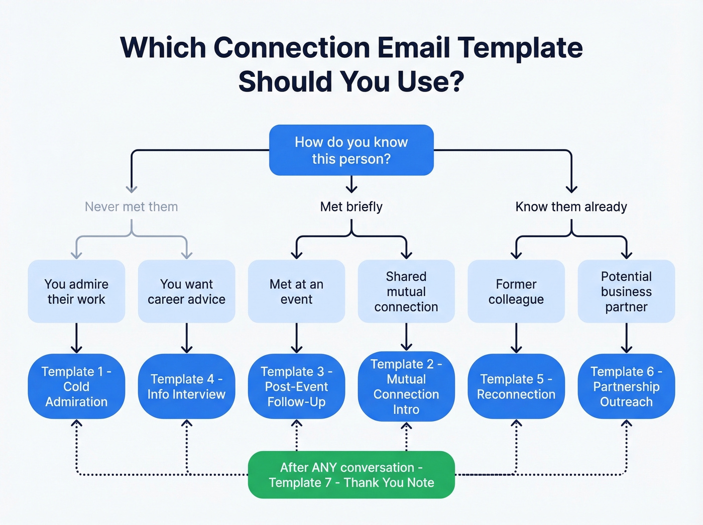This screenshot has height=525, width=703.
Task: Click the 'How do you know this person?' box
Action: coord(351,150)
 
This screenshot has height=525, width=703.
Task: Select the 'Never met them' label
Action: coord(131,206)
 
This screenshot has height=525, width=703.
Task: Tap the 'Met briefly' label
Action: coord(351,206)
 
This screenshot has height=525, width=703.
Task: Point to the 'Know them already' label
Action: coord(571,206)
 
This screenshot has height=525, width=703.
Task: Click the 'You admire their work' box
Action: coord(76,291)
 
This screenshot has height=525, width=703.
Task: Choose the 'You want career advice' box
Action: coord(186,291)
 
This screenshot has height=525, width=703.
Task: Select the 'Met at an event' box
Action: coord(296,291)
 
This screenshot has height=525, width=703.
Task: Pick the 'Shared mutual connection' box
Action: coord(406,291)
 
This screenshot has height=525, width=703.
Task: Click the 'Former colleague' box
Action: coord(516,291)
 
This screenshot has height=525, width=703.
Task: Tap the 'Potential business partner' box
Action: coord(626,291)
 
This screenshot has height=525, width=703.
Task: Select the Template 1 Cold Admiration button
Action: coord(76,386)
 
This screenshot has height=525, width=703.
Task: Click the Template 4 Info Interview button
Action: coord(186,386)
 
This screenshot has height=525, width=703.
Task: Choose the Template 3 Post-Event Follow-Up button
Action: coord(296,386)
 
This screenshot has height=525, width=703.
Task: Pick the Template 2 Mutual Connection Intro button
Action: coord(406,386)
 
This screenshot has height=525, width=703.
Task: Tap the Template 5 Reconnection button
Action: coord(516,386)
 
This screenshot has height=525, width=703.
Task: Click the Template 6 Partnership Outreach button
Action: coord(626,386)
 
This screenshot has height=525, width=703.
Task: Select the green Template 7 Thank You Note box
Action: coord(351,475)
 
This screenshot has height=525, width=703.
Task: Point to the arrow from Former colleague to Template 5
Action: coord(516,338)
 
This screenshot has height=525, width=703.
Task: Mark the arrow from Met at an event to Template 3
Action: coord(296,338)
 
